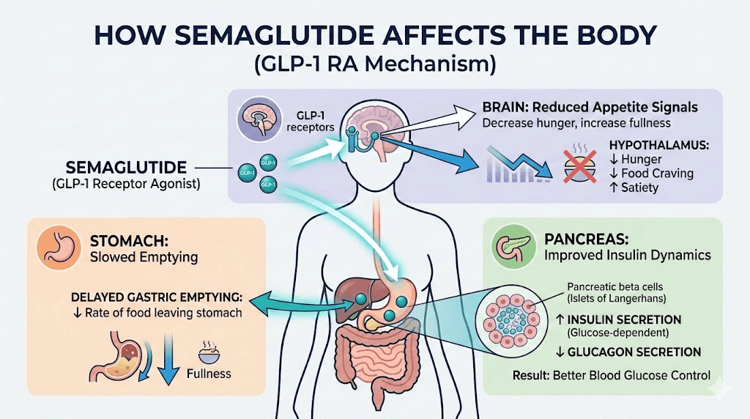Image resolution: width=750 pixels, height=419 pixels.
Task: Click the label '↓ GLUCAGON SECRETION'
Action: pos(627,352)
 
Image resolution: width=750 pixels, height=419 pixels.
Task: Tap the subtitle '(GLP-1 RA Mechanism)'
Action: pos(374,64)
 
